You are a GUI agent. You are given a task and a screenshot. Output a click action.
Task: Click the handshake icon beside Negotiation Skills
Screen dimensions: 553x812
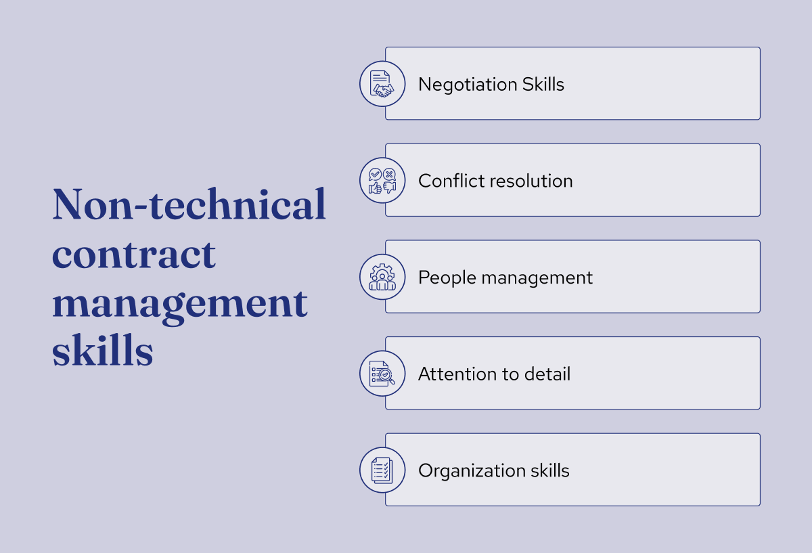pos(382,84)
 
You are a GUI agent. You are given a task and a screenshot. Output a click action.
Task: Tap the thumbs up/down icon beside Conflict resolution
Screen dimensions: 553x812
pos(382,181)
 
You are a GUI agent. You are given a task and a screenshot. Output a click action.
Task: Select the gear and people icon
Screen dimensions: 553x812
pos(382,278)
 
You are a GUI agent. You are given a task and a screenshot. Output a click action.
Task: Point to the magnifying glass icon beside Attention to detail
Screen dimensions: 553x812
pos(382,374)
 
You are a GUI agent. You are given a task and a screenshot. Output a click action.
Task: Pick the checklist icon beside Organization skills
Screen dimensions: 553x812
pos(382,470)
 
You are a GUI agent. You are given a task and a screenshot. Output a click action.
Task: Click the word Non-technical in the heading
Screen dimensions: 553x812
pos(189,204)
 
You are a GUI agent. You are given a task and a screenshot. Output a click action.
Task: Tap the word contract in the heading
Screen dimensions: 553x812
pos(134,255)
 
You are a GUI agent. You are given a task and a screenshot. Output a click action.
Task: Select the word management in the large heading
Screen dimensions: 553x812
pos(180,304)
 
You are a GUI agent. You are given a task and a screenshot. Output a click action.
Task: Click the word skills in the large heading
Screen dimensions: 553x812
pos(103,352)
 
